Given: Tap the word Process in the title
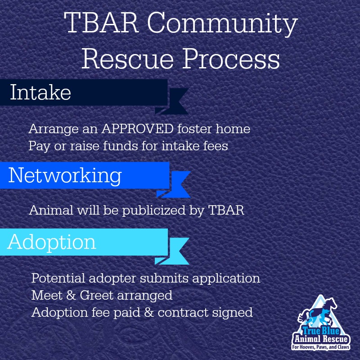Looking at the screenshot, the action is [231, 59].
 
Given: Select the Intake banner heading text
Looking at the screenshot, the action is [40, 92].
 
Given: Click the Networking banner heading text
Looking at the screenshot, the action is [65, 176].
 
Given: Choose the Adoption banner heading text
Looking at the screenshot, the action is [52, 243].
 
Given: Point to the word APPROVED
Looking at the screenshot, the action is [137, 129].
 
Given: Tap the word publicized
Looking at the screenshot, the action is [154, 211].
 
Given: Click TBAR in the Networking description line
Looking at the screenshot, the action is [226, 210].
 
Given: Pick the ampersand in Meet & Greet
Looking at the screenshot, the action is [71, 295].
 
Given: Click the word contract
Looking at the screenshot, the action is [183, 313].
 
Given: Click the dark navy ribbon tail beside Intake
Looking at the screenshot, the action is [174, 101].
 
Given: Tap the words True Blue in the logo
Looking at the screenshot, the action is [321, 331].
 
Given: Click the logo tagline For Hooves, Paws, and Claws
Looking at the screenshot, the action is [321, 347].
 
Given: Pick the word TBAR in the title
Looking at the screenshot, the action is [102, 23].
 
